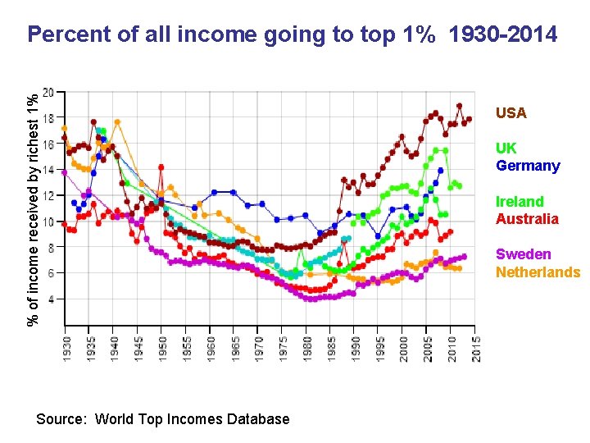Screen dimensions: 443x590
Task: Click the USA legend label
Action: (511, 113)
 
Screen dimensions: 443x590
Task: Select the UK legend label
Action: (506, 148)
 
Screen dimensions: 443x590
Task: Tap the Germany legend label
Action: (528, 166)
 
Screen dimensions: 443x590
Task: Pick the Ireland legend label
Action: (520, 202)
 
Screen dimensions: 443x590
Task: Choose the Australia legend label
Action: (527, 219)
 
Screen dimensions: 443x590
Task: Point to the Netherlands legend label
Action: (538, 272)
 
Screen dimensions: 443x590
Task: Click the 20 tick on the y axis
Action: (49, 93)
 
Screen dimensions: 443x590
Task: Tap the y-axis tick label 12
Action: (49, 196)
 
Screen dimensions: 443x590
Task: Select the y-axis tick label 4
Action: (52, 299)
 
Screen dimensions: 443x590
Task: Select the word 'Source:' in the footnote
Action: (61, 419)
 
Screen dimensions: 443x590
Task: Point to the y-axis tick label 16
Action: (49, 144)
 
